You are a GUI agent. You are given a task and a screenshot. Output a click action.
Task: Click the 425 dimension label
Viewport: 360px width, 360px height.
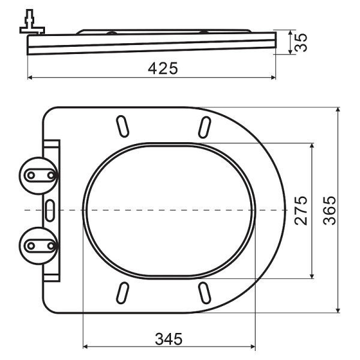(163, 68)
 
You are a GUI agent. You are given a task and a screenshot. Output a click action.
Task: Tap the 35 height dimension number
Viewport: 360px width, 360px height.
(302, 42)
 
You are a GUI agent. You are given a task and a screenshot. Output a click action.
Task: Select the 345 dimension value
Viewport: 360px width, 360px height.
(169, 338)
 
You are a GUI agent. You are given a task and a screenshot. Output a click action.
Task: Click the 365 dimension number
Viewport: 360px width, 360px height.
(329, 210)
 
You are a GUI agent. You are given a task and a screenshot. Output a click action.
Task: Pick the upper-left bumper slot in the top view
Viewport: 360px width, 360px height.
(124, 127)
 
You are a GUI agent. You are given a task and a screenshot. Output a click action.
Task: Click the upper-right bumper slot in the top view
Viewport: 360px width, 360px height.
(204, 127)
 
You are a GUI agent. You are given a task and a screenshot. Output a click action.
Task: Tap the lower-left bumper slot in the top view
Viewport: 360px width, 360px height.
(124, 293)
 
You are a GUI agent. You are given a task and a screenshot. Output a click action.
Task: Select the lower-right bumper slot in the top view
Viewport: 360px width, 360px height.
(204, 293)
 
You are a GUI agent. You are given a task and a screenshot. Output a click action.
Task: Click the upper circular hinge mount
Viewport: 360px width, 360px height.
(40, 175)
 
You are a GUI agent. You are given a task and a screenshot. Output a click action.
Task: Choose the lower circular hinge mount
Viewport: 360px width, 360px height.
(40, 245)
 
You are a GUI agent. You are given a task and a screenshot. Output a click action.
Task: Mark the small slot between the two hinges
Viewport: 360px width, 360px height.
(50, 209)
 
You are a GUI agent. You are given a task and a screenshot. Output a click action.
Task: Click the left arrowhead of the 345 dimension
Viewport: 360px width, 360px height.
(85, 347)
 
